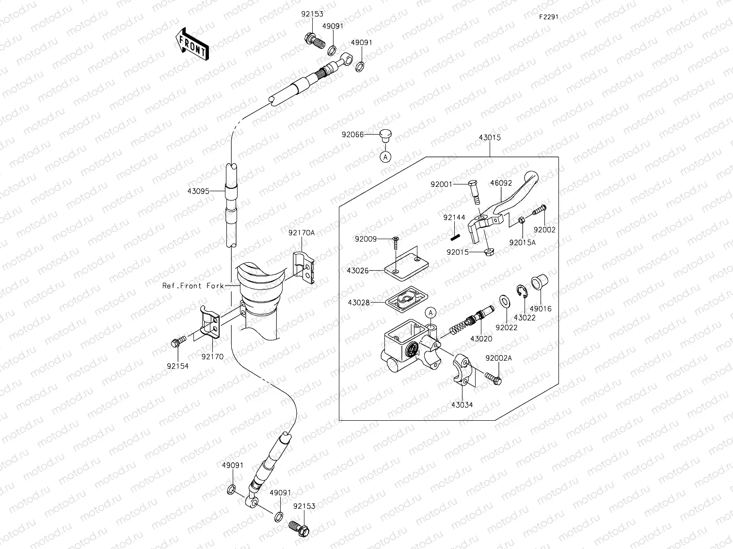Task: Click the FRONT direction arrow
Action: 191,44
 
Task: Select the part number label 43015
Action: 490,137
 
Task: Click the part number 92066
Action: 352,135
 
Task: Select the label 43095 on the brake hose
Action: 198,191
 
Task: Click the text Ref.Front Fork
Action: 193,286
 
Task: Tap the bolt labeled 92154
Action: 177,343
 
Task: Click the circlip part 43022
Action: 523,293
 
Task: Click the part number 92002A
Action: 499,358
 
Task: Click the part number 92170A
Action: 302,233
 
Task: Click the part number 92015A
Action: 522,243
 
